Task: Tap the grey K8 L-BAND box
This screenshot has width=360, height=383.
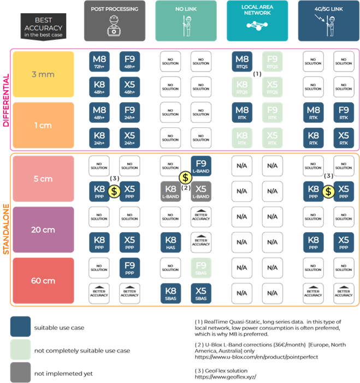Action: [x=171, y=191]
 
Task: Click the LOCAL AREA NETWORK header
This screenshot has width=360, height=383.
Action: [x=257, y=21]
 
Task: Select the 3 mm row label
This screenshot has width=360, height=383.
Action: [x=42, y=74]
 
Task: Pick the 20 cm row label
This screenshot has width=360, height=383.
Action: [x=42, y=230]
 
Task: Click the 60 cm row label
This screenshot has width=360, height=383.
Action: [x=42, y=281]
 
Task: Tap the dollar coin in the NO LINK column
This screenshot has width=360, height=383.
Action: [x=186, y=178]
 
